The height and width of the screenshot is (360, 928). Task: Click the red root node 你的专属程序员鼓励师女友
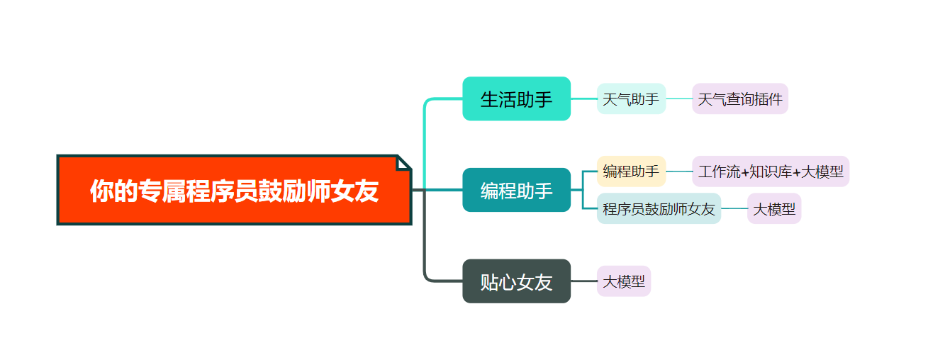tap(234, 190)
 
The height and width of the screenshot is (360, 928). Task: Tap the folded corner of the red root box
tap(404, 162)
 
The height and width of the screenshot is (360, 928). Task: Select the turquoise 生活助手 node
tap(516, 99)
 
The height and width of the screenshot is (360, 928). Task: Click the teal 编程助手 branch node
tap(516, 190)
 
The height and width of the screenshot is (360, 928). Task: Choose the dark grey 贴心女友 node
tap(516, 281)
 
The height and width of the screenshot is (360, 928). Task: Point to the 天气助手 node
tap(631, 99)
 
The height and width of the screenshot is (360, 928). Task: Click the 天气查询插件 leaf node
tap(740, 99)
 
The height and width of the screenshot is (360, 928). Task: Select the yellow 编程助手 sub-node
tap(631, 171)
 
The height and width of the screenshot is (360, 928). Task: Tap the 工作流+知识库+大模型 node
tap(771, 171)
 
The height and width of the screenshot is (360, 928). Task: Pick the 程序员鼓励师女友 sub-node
tap(659, 209)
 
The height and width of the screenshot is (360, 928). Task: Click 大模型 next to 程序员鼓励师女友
tap(774, 209)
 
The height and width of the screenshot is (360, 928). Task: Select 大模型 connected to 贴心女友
tap(624, 281)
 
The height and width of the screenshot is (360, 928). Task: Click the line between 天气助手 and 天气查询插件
tap(679, 99)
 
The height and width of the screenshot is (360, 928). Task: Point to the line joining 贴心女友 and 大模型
tap(583, 281)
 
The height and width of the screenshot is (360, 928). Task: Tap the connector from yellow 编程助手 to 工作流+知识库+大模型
tap(679, 171)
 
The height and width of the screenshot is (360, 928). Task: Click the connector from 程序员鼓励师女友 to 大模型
tap(734, 209)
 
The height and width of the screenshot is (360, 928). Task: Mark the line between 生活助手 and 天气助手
tap(583, 99)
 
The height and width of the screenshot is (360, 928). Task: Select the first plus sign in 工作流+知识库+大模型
tap(744, 172)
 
